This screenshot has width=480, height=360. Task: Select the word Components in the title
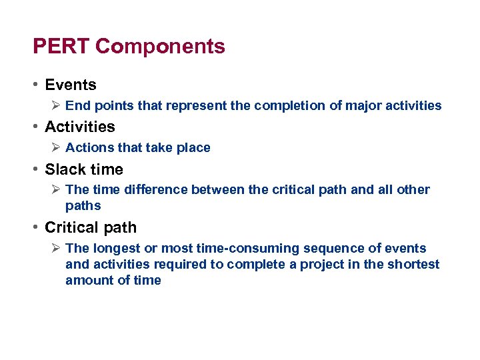[x=160, y=47]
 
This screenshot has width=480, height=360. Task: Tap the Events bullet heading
[x=70, y=85]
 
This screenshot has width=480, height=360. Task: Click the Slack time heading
[x=83, y=169]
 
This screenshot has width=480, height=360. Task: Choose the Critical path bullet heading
[x=90, y=227]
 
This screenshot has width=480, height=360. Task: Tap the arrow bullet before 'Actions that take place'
[x=56, y=148]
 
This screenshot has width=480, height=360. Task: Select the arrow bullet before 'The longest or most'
[x=56, y=249]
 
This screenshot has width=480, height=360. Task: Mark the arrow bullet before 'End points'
[x=56, y=105]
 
